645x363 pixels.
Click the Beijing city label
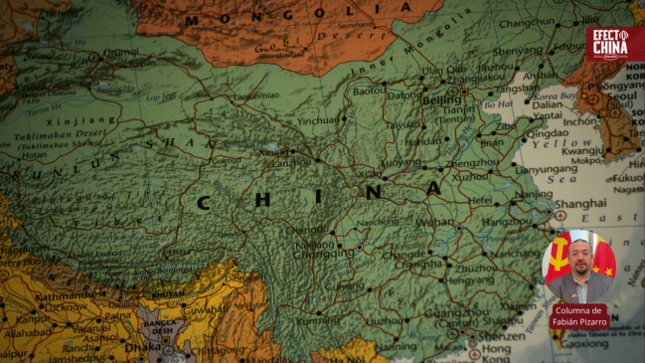coord(441,99)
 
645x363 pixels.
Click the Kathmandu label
coord(36,296)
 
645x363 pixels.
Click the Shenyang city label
coord(518,50)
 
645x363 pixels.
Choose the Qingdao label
coord(547,132)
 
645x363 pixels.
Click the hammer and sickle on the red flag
coord(560,252)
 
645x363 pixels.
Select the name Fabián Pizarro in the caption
coord(581,323)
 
